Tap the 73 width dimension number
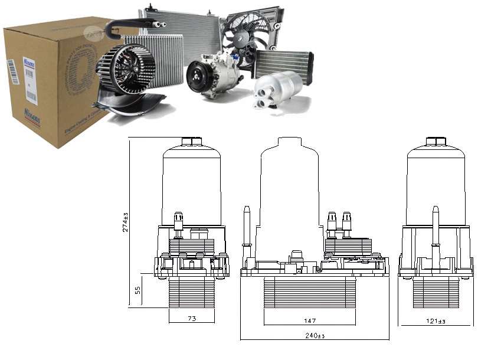pyautogui.click(x=191, y=319)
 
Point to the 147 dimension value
pyautogui.click(x=310, y=321)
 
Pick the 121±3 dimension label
pyautogui.click(x=436, y=321)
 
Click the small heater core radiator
pyautogui.click(x=283, y=63)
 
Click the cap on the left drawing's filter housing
pyautogui.click(x=191, y=142)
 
